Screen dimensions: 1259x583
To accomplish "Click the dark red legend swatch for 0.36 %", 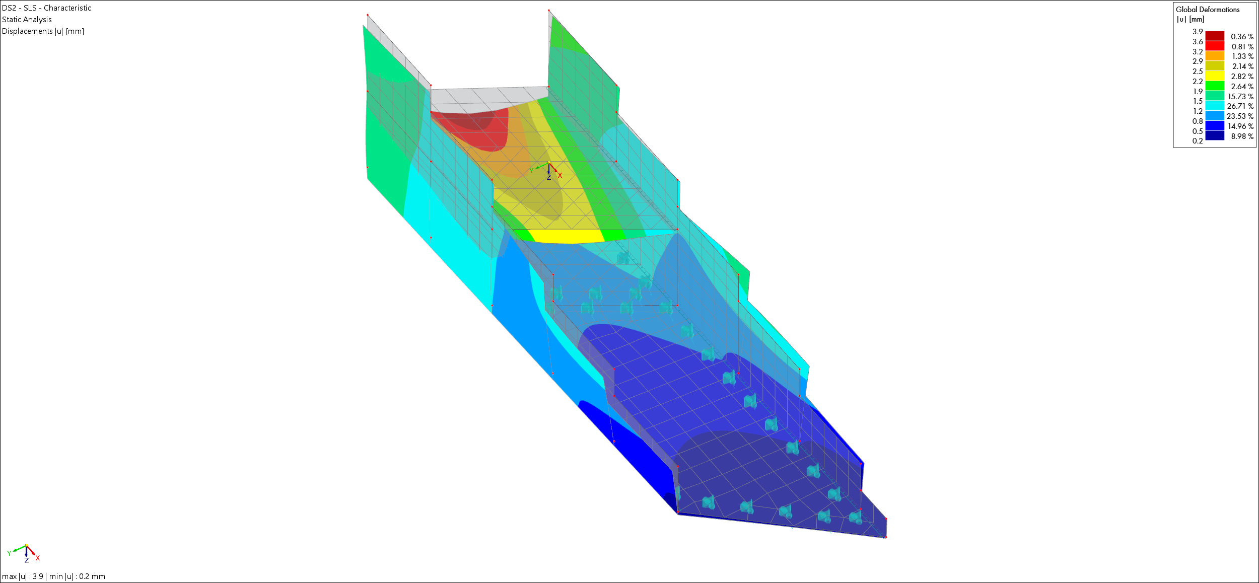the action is tap(1215, 36).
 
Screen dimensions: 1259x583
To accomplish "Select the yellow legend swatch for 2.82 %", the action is tap(1215, 76).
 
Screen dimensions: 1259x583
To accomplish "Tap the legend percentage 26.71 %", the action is tap(1240, 106).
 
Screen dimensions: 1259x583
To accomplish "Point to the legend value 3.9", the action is tap(1198, 32).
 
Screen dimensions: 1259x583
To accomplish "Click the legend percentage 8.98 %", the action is tap(1242, 136).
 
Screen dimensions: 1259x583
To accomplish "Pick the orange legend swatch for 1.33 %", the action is tap(1215, 56).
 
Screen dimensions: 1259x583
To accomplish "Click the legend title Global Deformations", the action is tap(1208, 10).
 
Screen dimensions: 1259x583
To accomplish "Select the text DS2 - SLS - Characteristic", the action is tap(46, 8).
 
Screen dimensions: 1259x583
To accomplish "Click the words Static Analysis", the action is tap(27, 20).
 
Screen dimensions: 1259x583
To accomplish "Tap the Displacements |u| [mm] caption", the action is tap(43, 31).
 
